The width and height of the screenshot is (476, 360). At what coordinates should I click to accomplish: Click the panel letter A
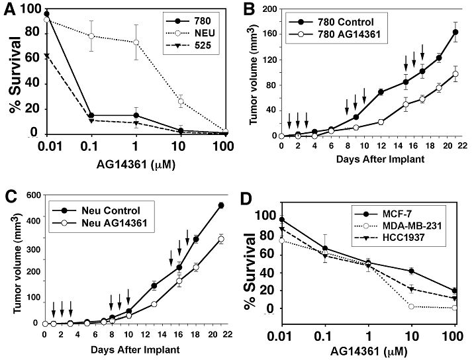point(9,9)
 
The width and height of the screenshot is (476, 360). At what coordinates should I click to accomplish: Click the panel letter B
point(251,10)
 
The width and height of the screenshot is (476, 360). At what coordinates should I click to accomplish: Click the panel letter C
point(9,196)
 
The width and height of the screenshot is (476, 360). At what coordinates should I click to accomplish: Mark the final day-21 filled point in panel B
point(455,32)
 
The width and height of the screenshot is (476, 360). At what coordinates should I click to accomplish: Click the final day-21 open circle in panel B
point(455,73)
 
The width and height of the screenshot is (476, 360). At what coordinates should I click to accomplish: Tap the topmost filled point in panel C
point(220,206)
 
